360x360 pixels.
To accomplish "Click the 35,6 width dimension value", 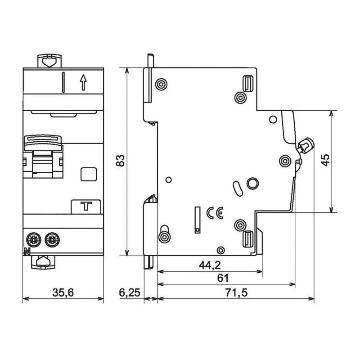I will click(63, 293).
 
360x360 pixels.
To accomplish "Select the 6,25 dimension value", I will click(130, 293).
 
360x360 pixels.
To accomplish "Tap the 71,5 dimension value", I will click(235, 293).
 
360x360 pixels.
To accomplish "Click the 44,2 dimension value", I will click(210, 265).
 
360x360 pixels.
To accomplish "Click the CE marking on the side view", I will click(215, 213).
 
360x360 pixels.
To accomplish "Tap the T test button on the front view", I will click(85, 207).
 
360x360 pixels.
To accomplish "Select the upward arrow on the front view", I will click(83, 82).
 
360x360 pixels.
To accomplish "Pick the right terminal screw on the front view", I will click(52, 238).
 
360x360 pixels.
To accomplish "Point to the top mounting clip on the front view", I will click(47, 61).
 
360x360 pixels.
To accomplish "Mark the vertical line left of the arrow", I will click(63, 82).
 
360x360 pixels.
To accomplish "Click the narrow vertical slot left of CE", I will click(197, 220).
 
